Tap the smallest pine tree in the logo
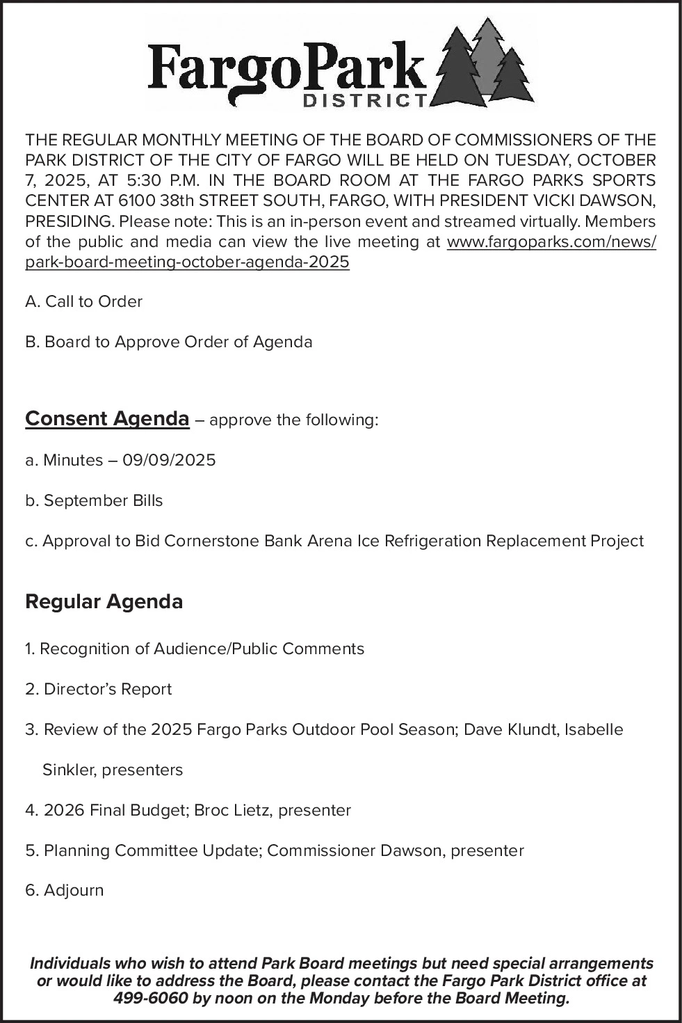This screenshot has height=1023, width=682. pyautogui.click(x=512, y=78)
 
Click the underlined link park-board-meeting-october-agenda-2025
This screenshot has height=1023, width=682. pyautogui.click(x=187, y=262)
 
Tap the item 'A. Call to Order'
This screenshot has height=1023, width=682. pyautogui.click(x=83, y=302)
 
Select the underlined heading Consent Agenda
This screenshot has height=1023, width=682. pyautogui.click(x=107, y=419)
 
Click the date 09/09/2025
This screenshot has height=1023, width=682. pyautogui.click(x=169, y=461)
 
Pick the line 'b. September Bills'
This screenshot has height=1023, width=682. pyautogui.click(x=94, y=501)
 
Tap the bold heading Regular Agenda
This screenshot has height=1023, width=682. pyautogui.click(x=104, y=602)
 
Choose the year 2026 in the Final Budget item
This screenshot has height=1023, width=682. pyautogui.click(x=63, y=811)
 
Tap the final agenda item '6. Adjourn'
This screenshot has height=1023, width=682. pyautogui.click(x=64, y=891)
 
